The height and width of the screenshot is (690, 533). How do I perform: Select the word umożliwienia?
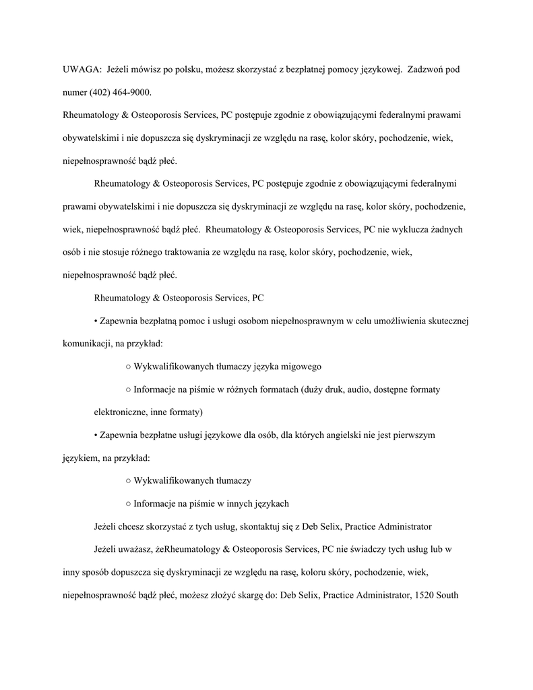pyautogui.click(x=392, y=321)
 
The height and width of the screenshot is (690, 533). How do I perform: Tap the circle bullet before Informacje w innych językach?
pyautogui.click(x=128, y=504)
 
